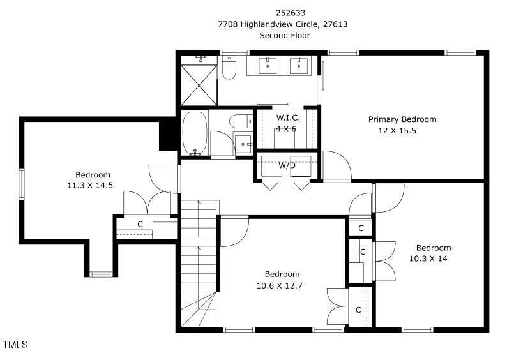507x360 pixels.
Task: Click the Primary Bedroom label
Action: click(x=402, y=119)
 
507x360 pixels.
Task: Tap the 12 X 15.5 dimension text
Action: click(x=397, y=131)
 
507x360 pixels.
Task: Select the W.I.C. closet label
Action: click(x=288, y=117)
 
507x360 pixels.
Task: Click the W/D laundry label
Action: click(x=287, y=165)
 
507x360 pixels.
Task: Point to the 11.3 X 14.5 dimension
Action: click(x=90, y=186)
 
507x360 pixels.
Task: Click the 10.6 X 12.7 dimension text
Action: click(x=280, y=286)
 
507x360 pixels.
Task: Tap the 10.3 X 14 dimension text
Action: click(x=428, y=259)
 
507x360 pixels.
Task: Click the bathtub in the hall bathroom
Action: click(x=195, y=133)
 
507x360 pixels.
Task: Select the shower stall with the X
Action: click(x=199, y=85)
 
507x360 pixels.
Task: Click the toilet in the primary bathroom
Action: click(x=229, y=68)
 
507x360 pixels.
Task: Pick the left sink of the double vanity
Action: click(x=268, y=65)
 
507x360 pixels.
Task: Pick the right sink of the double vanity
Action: click(x=299, y=65)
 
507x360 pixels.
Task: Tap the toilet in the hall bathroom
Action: click(x=241, y=121)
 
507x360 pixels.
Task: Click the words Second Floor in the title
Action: click(x=285, y=35)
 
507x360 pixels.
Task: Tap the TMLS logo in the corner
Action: click(x=15, y=344)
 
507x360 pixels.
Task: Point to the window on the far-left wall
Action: click(x=22, y=184)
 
